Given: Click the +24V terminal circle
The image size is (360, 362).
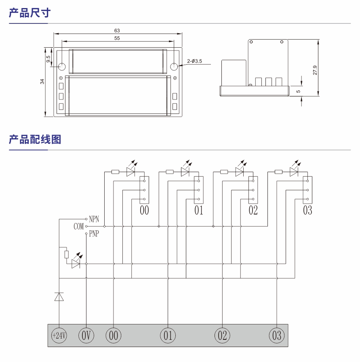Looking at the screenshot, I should [59, 335].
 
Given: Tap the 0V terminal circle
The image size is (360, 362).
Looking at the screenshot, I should [86, 335].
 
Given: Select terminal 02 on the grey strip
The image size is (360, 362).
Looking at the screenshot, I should [222, 335].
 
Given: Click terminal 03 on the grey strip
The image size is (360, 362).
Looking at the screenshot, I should [277, 335].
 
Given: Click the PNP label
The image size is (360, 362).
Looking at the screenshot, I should [94, 234].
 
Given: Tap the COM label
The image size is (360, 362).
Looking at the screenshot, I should [78, 227].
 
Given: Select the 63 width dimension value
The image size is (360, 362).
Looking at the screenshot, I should [117, 31].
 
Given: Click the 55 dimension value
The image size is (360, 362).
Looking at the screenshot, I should [117, 38].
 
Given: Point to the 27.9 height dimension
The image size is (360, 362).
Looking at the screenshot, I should [315, 70].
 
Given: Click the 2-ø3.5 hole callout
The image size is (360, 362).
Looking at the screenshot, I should [194, 61].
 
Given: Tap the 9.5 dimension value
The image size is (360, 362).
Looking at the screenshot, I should [48, 59].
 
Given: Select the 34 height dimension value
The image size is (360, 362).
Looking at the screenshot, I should [42, 81].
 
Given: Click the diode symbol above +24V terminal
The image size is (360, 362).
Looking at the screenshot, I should [59, 297].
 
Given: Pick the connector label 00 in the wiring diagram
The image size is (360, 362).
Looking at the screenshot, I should [144, 210].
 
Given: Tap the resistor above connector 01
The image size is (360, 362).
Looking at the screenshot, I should [170, 172].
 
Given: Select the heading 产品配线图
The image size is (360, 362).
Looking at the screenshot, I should [35, 139].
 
